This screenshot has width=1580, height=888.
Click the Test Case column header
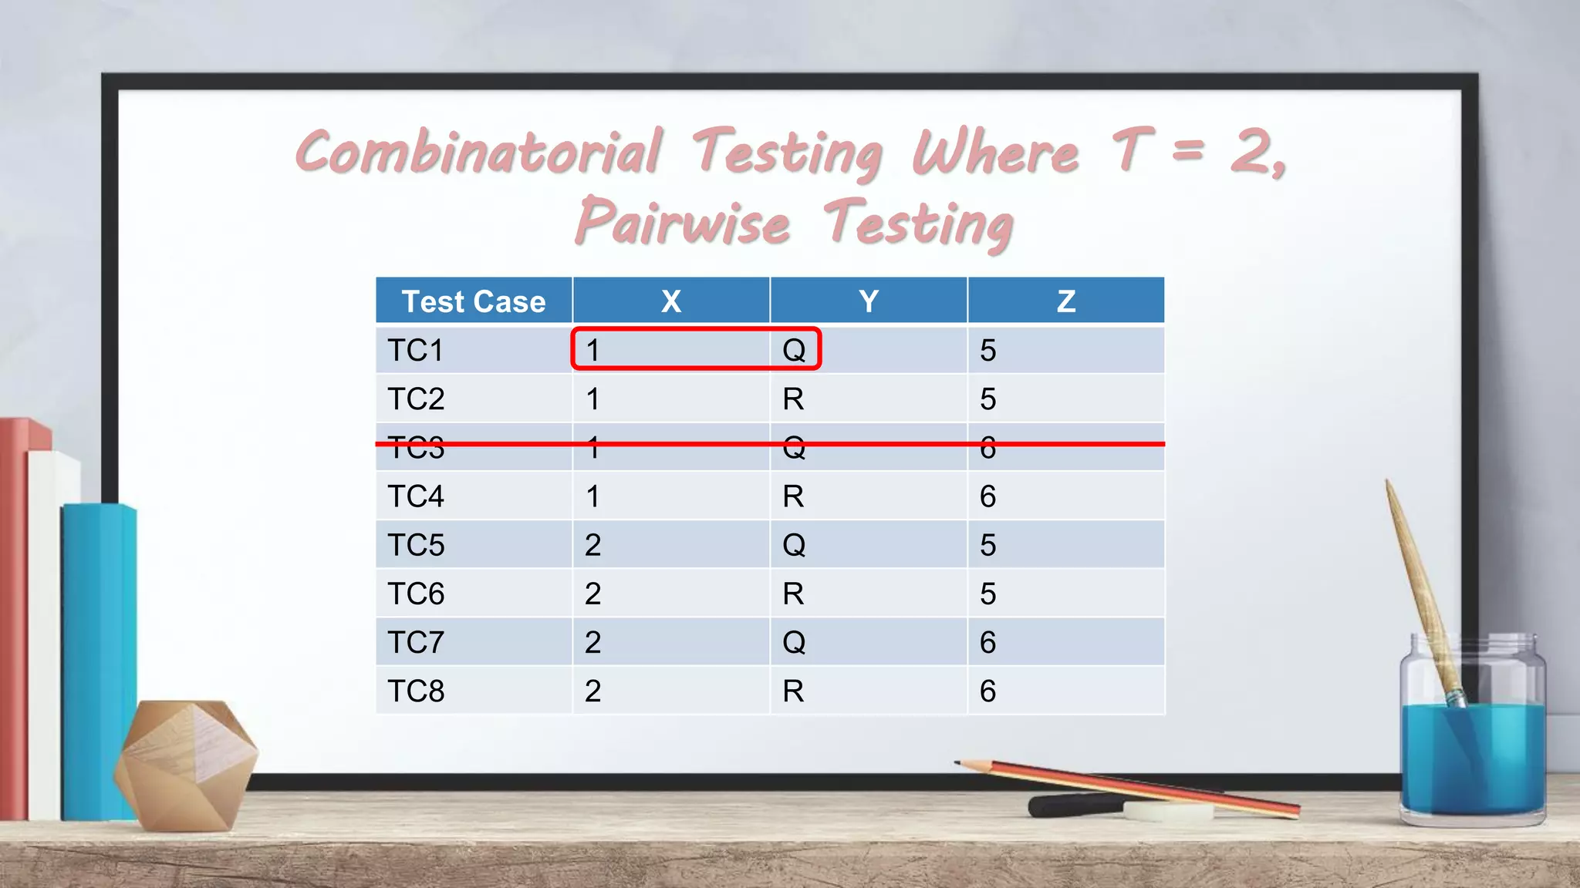(474, 301)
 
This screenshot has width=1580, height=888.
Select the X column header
(671, 301)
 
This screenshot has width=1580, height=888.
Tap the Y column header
(869, 301)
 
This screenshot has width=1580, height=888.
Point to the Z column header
(1066, 301)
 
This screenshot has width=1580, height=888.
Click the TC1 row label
(416, 351)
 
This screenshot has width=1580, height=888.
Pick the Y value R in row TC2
(793, 399)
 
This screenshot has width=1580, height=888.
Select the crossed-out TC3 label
(416, 448)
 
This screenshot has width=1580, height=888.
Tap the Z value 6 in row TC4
(987, 496)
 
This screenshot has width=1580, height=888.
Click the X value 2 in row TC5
(592, 545)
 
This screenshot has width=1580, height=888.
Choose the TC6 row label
(416, 594)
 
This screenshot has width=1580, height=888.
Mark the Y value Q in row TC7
(794, 642)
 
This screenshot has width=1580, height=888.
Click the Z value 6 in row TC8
(987, 691)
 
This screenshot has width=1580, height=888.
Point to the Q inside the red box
(794, 351)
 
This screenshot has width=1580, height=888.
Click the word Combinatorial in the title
(478, 152)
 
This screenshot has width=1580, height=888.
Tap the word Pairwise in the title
(683, 222)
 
